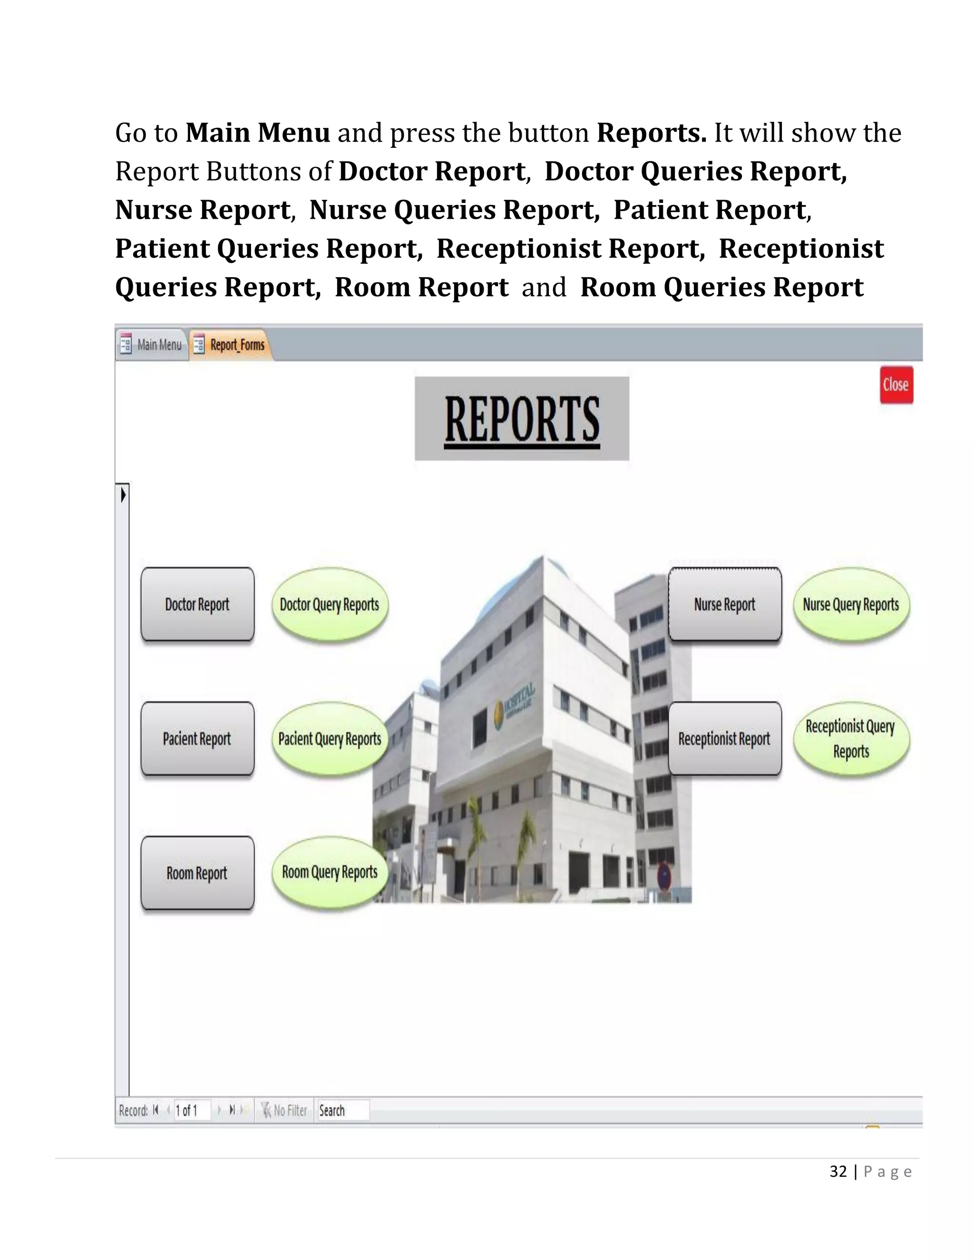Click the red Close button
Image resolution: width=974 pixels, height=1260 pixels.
coord(896,385)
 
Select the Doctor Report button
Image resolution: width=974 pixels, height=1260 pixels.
coord(197,604)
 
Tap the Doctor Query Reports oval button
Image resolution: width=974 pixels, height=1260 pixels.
coord(330,604)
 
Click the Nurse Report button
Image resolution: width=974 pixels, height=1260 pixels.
coord(725,604)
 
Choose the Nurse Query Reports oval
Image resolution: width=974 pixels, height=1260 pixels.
coord(851,604)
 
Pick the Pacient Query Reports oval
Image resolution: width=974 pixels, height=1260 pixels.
coord(330,739)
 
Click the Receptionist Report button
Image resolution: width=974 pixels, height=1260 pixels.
coord(725,739)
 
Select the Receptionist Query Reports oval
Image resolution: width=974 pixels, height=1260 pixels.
coord(851,739)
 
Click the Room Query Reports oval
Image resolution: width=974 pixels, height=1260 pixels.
coord(330,872)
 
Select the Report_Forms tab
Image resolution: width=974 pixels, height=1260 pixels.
coord(231,345)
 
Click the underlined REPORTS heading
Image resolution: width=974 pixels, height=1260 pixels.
coord(522,419)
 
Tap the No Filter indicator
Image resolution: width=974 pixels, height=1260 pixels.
coord(284,1111)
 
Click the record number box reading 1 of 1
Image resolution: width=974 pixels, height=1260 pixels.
coord(192,1111)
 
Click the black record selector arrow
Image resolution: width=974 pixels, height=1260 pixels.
coord(123,494)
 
